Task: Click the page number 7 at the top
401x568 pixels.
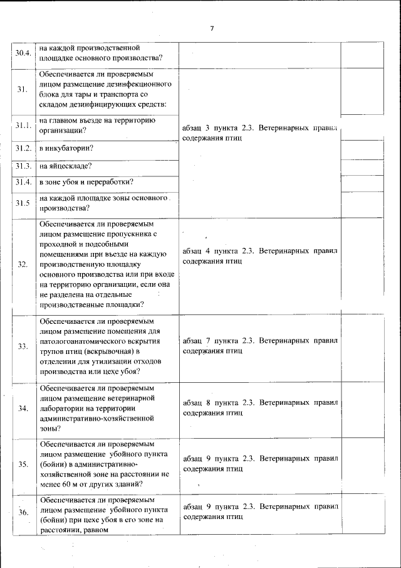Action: tap(212, 29)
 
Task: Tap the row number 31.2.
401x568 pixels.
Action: tap(23, 149)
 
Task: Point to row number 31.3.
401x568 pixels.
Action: tap(23, 166)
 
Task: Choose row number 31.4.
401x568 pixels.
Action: tap(23, 182)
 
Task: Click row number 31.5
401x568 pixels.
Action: tap(23, 203)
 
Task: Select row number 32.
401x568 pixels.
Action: tap(23, 264)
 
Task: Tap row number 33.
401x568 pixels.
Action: tap(23, 347)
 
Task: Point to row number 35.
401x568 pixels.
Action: tap(23, 465)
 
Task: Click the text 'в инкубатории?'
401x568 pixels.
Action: tap(66, 149)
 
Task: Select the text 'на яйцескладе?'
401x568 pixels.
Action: tap(65, 166)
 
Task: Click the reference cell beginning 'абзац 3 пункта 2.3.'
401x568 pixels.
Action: tap(260, 132)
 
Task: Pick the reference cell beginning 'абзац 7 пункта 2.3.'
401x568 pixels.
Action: tap(260, 346)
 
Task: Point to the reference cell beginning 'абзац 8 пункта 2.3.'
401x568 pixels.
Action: tap(260, 408)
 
